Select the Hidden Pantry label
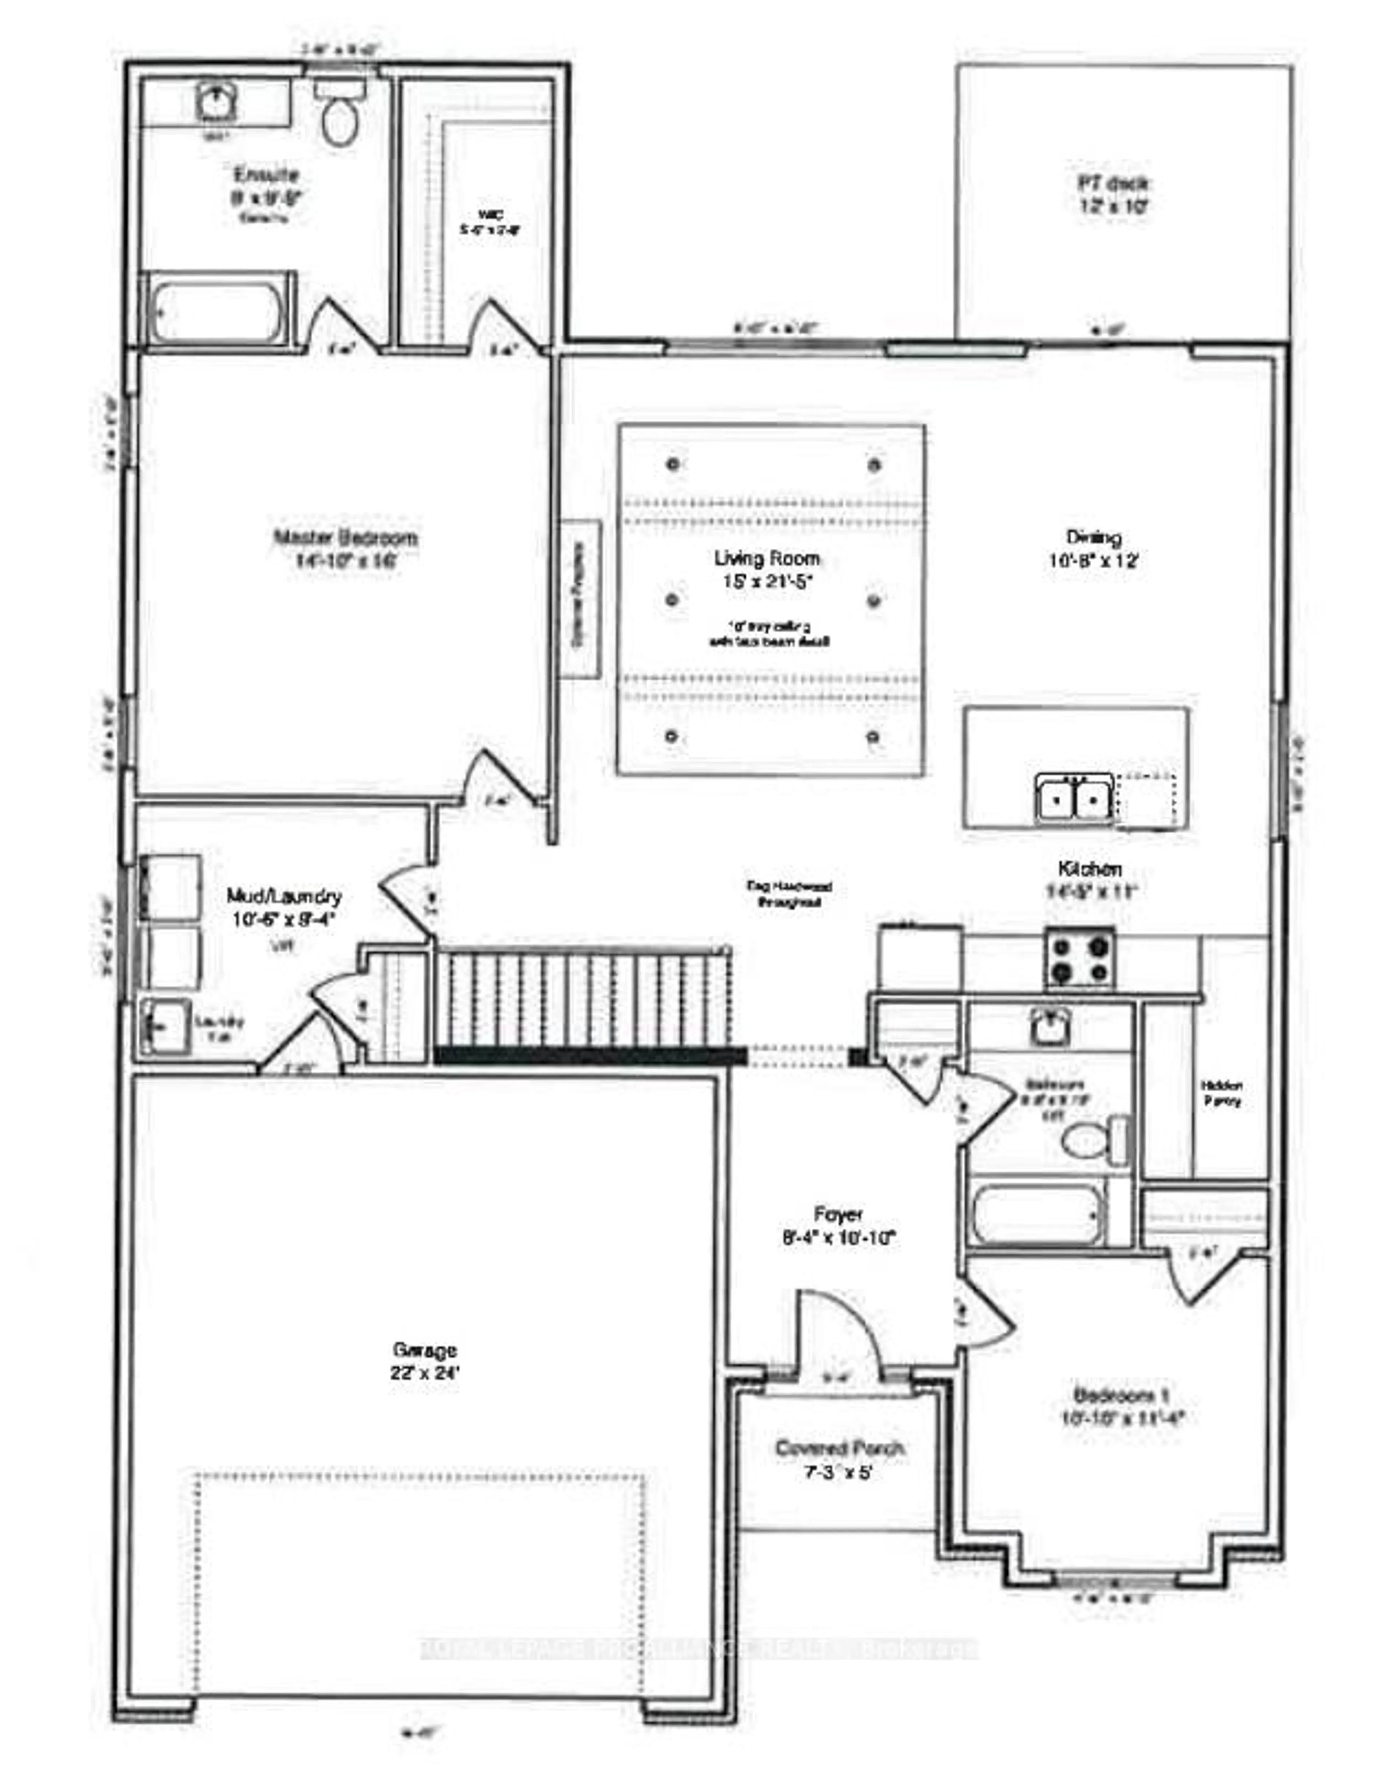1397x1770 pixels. click(x=1221, y=1093)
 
